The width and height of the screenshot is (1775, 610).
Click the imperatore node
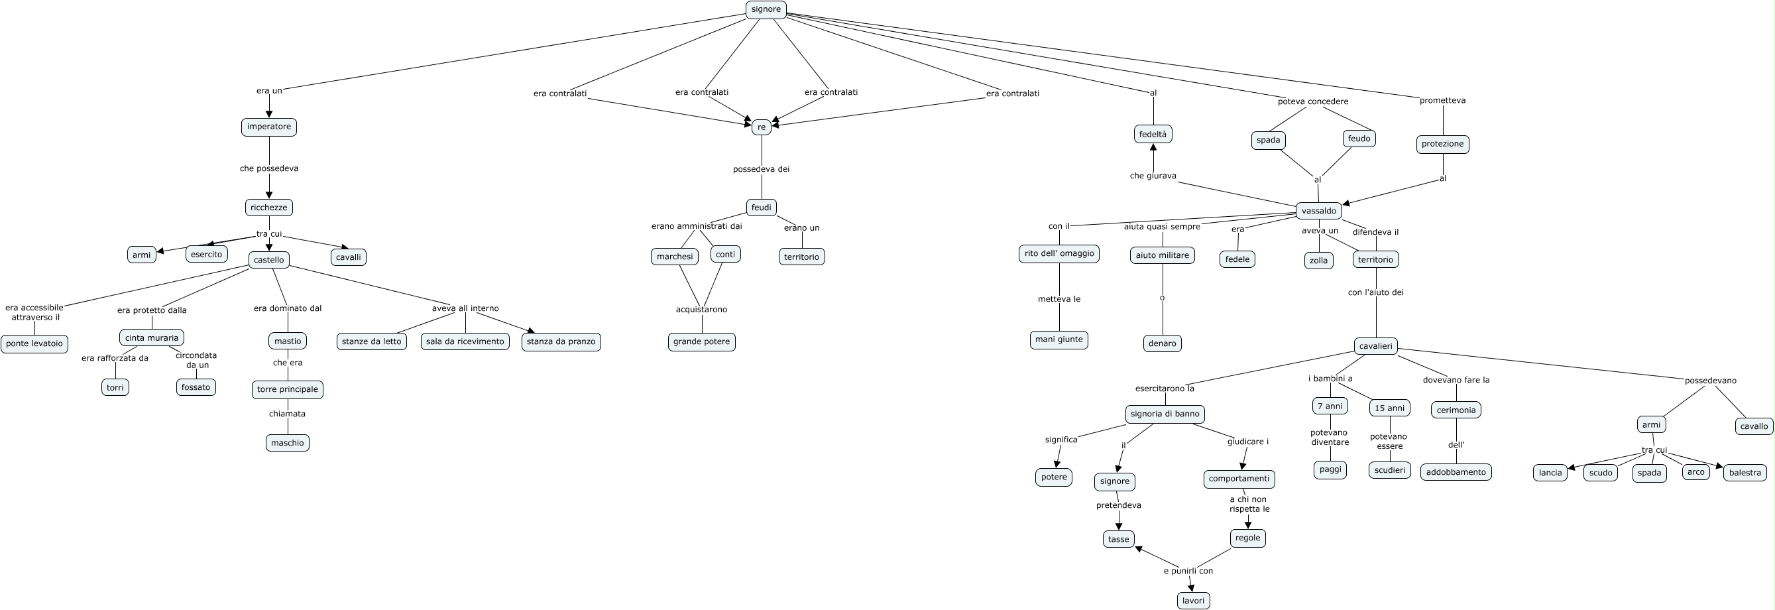pos(268,127)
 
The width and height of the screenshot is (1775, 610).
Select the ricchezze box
pos(268,208)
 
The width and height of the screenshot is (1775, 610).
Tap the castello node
pos(268,260)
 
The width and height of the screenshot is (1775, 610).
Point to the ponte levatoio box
pos(34,343)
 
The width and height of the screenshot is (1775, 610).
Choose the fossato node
pos(196,387)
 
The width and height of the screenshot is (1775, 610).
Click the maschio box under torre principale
pos(288,442)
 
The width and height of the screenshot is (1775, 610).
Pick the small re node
pos(762,127)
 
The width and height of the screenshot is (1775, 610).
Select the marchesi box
pos(675,257)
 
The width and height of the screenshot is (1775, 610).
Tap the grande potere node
pos(701,342)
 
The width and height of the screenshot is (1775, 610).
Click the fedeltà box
pos(1153,135)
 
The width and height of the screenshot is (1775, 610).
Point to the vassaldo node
pos(1319,211)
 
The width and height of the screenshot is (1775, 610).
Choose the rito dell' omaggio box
pos(1059,254)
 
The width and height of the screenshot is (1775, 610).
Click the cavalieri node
pos(1376,346)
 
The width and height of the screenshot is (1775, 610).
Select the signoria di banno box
pos(1165,414)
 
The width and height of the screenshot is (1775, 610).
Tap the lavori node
pos(1194,601)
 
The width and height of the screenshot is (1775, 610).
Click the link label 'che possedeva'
pos(268,168)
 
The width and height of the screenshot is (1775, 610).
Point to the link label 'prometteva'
pos(1442,101)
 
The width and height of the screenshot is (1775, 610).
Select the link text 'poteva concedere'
pos(1312,101)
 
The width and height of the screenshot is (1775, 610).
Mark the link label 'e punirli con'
pos(1188,571)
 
